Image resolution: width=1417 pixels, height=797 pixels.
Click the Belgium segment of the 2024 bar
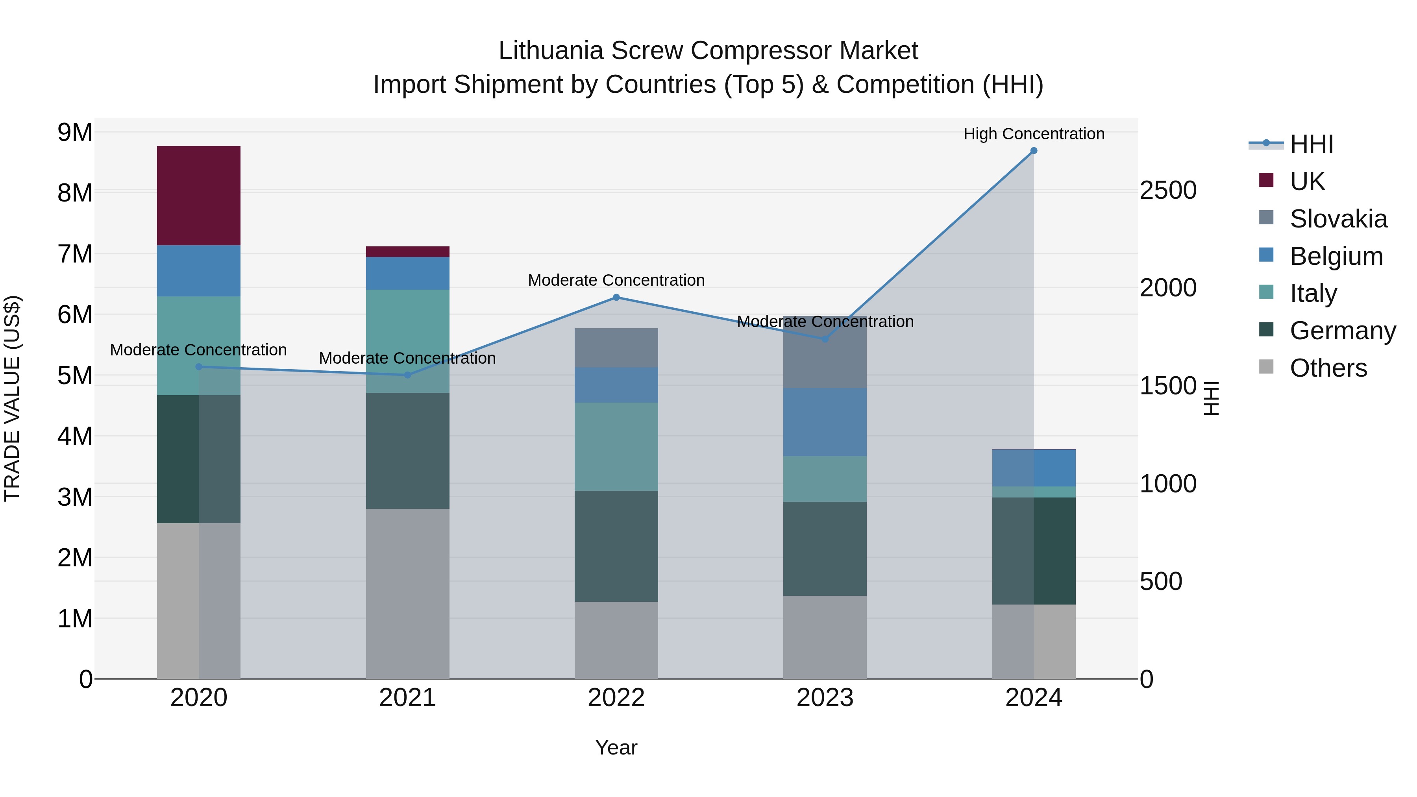(x=1034, y=468)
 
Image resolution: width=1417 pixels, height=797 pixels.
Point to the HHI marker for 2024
(x=1034, y=151)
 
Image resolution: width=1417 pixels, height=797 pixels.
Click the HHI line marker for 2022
(x=616, y=298)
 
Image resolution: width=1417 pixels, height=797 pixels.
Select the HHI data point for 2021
(x=408, y=375)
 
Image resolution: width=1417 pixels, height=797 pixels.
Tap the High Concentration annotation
(x=1034, y=134)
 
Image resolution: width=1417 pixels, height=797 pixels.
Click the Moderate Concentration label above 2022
(x=616, y=280)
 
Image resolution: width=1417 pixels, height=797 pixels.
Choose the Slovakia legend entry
(x=1338, y=219)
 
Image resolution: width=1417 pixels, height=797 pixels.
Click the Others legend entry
(x=1328, y=368)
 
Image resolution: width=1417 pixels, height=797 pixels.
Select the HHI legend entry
(x=1312, y=144)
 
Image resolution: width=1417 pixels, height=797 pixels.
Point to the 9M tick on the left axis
(x=75, y=133)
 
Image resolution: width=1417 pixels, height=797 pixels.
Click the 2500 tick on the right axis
(x=1168, y=190)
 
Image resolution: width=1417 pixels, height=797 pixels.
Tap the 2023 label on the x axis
(x=825, y=698)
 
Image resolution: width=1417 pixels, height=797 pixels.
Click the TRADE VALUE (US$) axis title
(x=13, y=398)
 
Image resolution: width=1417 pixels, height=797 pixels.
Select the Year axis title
(x=616, y=747)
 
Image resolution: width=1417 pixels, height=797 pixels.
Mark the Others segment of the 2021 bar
(x=408, y=594)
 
